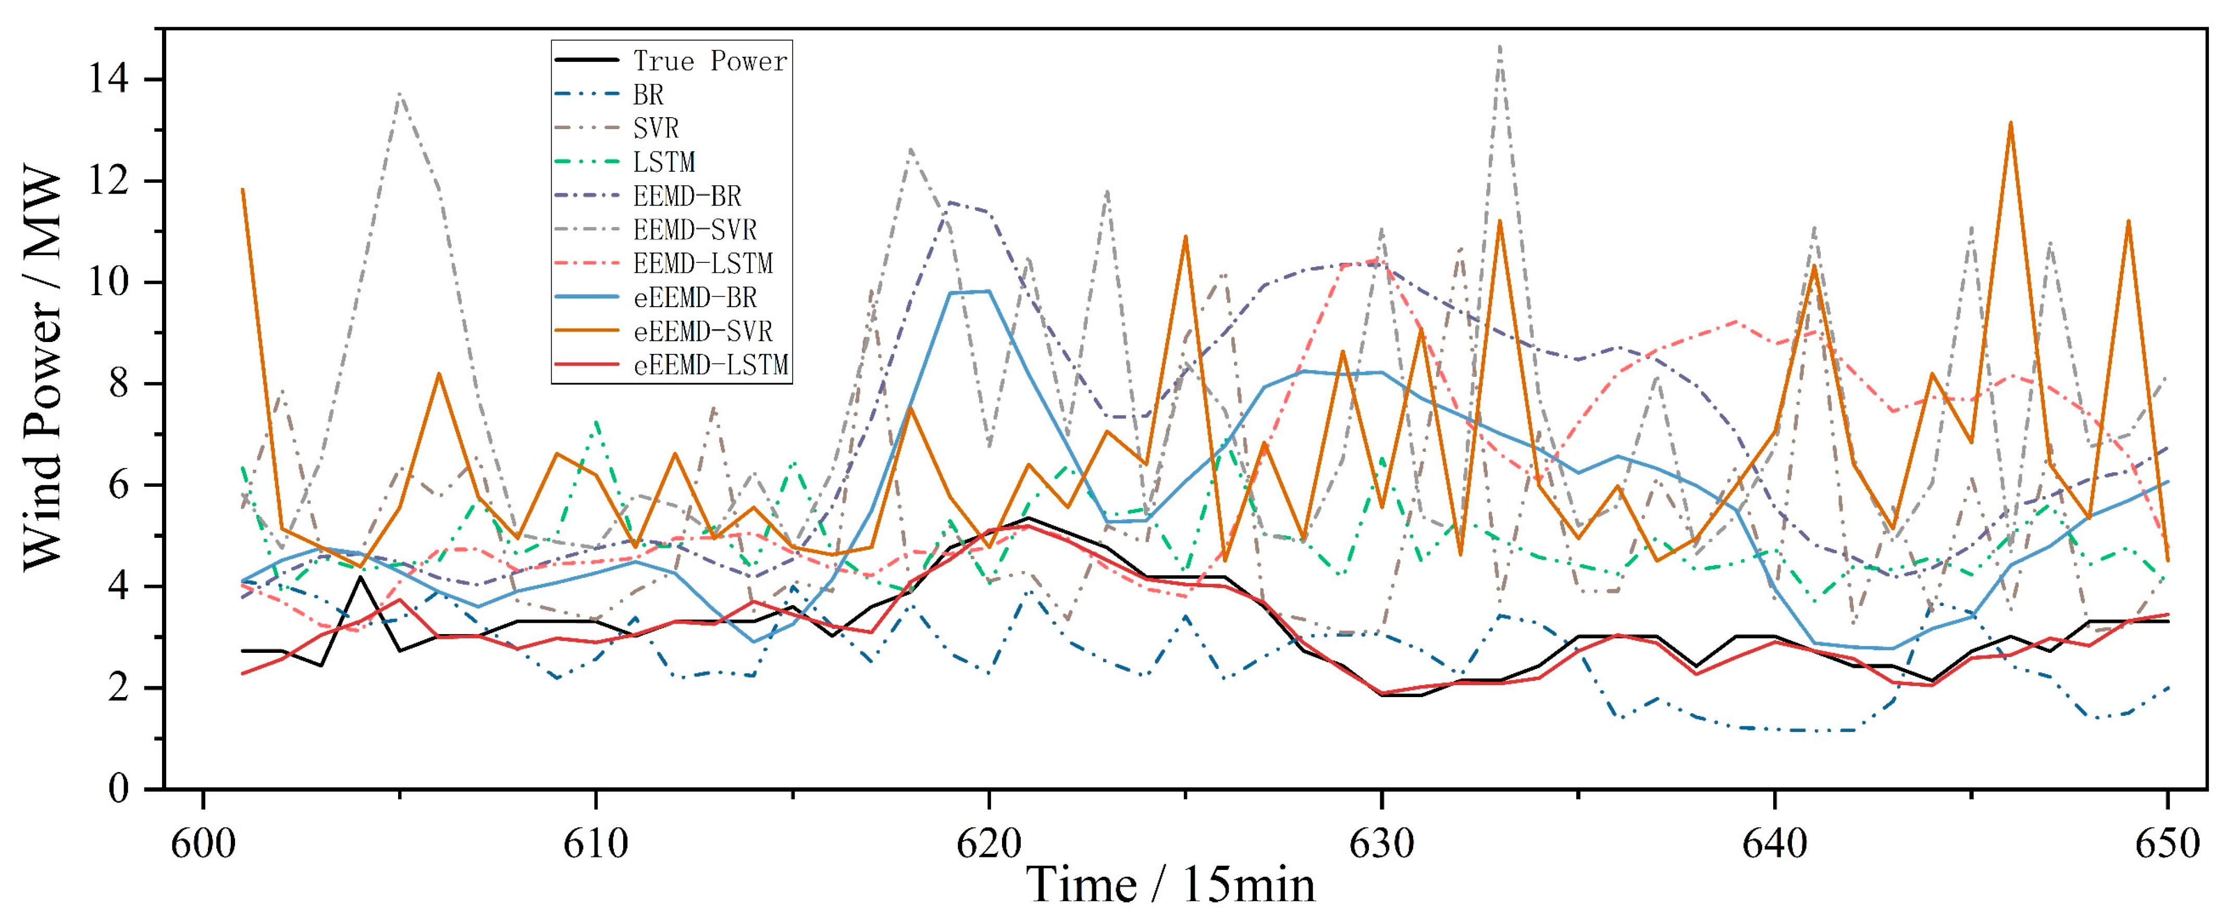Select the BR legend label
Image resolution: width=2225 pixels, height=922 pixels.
tap(648, 94)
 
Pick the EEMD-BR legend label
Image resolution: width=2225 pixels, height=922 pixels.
tap(687, 196)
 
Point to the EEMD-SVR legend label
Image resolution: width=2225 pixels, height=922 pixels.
tap(695, 230)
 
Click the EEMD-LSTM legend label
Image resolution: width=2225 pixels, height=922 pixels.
tap(702, 263)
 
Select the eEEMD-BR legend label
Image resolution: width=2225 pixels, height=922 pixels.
tap(695, 298)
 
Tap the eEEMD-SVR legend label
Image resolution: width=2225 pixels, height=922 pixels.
tap(702, 332)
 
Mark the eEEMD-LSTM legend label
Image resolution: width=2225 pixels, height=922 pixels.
tap(711, 365)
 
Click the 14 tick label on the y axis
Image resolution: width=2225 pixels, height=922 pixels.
tap(108, 80)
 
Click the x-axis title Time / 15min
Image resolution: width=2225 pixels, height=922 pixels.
tap(1170, 885)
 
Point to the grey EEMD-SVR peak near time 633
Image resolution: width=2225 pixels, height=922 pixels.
tap(1500, 47)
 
